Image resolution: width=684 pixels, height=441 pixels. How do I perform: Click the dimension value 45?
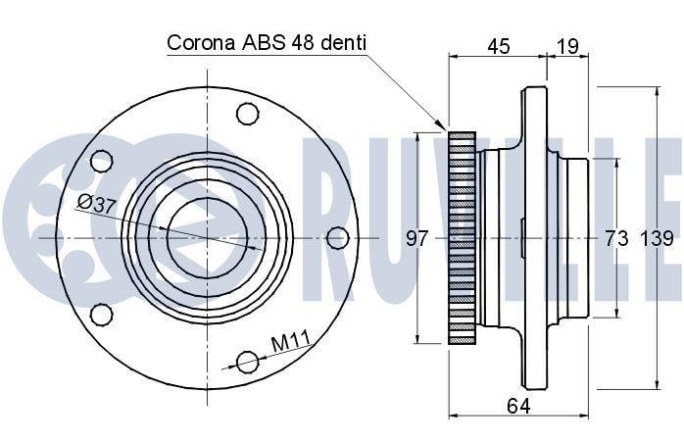498,46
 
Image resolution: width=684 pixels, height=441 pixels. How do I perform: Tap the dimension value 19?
567,46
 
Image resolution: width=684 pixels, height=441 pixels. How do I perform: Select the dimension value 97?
417,238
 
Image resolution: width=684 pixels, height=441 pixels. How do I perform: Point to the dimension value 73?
616,238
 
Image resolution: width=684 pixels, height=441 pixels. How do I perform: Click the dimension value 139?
657,238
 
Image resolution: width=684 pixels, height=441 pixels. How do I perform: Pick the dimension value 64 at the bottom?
518,406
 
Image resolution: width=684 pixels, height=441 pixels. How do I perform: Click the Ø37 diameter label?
97,204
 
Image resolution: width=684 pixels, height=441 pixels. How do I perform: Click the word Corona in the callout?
201,43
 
